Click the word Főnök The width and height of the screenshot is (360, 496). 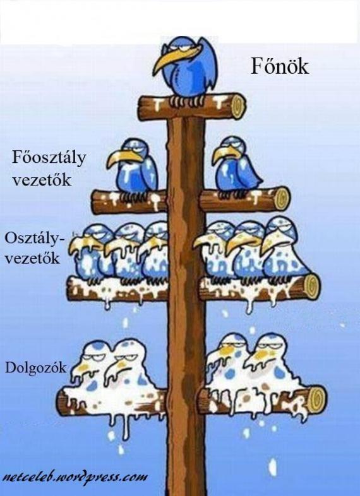coord(280,66)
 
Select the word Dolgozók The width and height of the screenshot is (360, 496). coord(36,367)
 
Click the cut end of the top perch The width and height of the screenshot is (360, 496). coord(238,105)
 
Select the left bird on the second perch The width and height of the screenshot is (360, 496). coord(133,168)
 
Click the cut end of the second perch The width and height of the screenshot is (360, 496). coord(282,198)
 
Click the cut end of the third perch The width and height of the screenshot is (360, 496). coord(312,286)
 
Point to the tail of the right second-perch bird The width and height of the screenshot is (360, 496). coord(256,180)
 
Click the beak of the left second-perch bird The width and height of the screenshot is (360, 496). coord(122,157)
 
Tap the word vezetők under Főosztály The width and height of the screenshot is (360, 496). coord(42,180)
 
